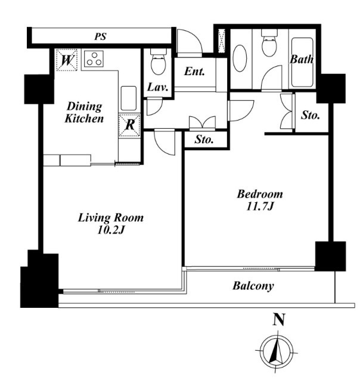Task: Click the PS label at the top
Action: pos(100,36)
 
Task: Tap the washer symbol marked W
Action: pos(66,60)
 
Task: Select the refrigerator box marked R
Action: pos(129,125)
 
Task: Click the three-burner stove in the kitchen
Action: pos(94,58)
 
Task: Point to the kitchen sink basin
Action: pos(129,98)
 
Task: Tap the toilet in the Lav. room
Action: pos(158,61)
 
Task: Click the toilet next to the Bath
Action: pos(269,43)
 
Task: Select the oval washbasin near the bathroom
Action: pos(240,58)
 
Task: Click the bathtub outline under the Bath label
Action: pos(302,62)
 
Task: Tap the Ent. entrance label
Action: pos(194,71)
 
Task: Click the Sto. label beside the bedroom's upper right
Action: pos(310,115)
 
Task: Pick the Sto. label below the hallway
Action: pos(204,140)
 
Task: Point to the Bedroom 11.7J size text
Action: pos(260,200)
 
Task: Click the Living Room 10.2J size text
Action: pos(111,224)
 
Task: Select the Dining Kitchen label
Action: pos(84,112)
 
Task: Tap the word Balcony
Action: pos(253,286)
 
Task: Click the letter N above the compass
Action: pos(278,319)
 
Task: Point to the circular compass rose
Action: pos(277,351)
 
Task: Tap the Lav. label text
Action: pos(157,87)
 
